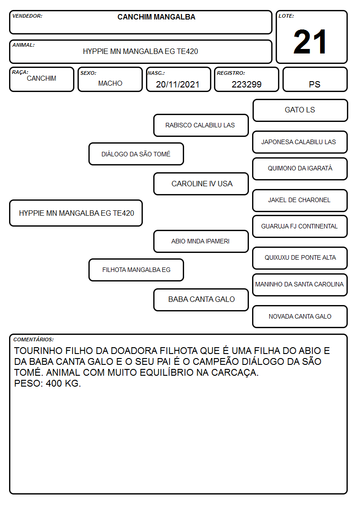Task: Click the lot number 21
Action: pyautogui.click(x=310, y=42)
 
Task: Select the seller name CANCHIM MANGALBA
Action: pyautogui.click(x=156, y=17)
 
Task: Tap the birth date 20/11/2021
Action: pyautogui.click(x=178, y=84)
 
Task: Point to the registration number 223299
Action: pyautogui.click(x=246, y=84)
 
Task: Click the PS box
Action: pyautogui.click(x=315, y=79)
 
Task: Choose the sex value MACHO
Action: pyautogui.click(x=110, y=83)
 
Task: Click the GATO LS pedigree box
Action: pyautogui.click(x=300, y=111)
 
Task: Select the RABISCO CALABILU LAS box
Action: pyautogui.click(x=201, y=125)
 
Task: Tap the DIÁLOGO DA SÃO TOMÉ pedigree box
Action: pyautogui.click(x=136, y=154)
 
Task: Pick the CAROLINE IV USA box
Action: pyautogui.click(x=201, y=184)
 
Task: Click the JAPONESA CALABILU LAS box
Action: pyautogui.click(x=300, y=142)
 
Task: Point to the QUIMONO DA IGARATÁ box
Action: pyautogui.click(x=300, y=169)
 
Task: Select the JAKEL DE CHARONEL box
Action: pyautogui.click(x=300, y=201)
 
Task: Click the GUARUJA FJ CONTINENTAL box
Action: pyautogui.click(x=300, y=227)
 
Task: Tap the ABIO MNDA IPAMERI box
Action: pyautogui.click(x=201, y=242)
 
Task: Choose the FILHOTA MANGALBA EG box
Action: pyautogui.click(x=136, y=270)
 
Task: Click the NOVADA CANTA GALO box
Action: pyautogui.click(x=300, y=316)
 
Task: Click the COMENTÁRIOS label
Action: pyautogui.click(x=34, y=339)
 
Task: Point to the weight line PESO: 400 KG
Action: pyautogui.click(x=48, y=383)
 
